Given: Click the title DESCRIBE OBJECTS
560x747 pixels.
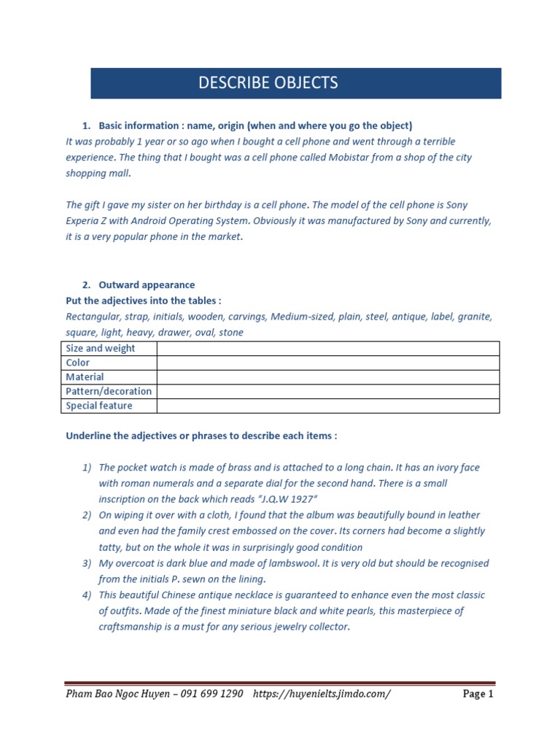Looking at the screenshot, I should pos(268,82).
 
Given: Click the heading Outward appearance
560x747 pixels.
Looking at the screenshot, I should pos(147,285).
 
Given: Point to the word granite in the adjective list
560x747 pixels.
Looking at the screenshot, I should pos(475,317).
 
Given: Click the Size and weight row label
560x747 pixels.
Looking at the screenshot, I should pos(101,348).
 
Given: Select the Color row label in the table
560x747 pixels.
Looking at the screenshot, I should pos(78,363).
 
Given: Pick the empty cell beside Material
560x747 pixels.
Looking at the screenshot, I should pos(327,377).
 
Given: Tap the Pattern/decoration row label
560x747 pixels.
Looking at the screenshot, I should pos(109,391).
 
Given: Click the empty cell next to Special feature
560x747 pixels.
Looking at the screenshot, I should pos(327,406).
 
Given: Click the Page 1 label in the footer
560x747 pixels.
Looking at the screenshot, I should pos(478,694).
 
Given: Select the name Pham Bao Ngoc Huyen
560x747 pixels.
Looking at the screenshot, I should pos(117,694).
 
